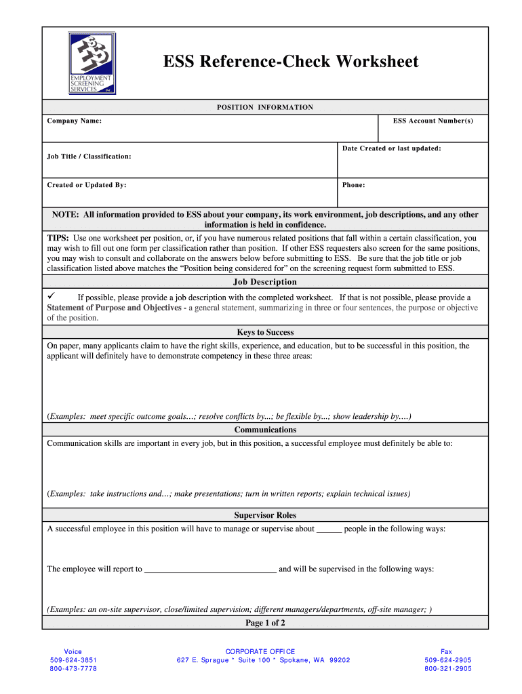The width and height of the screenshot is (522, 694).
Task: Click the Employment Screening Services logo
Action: click(92, 63)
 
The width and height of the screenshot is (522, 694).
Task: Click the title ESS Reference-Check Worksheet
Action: click(290, 62)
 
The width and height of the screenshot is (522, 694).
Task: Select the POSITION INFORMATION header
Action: click(264, 107)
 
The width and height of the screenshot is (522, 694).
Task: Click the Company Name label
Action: click(74, 121)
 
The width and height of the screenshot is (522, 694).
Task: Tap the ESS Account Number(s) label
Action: click(433, 121)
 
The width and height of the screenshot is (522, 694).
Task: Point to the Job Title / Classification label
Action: click(89, 157)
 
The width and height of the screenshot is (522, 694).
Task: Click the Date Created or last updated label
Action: click(391, 148)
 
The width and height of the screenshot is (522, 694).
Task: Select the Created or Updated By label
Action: click(86, 185)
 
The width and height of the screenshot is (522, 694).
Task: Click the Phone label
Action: click(353, 185)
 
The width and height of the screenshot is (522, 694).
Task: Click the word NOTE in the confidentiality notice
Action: click(66, 215)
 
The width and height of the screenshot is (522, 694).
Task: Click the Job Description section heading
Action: click(264, 282)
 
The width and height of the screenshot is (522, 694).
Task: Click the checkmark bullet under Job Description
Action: click(51, 297)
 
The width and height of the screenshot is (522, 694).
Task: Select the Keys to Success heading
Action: click(264, 332)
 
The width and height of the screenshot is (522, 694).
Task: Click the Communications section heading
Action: click(264, 430)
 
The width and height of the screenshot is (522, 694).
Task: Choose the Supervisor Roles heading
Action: click(264, 515)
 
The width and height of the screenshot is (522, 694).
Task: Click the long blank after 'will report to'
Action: click(210, 569)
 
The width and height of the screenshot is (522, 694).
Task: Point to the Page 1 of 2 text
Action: click(264, 623)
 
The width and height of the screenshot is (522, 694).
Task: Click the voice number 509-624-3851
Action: click(73, 660)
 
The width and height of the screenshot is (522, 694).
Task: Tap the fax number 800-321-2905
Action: click(447, 669)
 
